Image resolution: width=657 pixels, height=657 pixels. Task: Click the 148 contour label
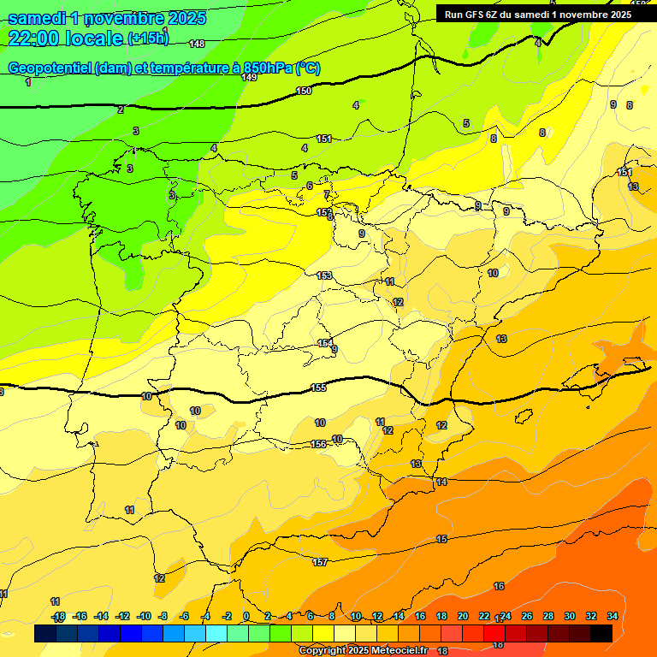tap(197, 44)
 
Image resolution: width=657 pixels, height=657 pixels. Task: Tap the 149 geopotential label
tap(249, 77)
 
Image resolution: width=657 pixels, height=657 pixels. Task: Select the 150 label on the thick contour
tap(304, 91)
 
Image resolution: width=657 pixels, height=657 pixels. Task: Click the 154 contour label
tap(325, 343)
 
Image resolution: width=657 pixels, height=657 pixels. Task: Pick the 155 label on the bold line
tap(318, 388)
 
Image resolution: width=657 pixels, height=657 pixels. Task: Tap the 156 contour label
tap(318, 444)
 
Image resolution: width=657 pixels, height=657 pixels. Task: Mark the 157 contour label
tap(320, 562)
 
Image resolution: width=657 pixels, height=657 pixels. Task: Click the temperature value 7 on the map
tap(326, 195)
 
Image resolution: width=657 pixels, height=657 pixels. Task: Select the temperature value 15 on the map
tap(441, 539)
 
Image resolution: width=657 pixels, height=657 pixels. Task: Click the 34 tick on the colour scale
tap(613, 616)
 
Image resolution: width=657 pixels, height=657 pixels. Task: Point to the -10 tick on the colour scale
tap(144, 616)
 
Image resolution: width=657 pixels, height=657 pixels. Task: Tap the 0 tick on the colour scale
tap(246, 616)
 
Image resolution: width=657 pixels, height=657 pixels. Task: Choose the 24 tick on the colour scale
tap(506, 616)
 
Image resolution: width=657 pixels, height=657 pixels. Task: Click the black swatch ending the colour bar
tap(601, 633)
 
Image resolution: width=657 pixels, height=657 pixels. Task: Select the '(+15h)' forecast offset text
tap(148, 38)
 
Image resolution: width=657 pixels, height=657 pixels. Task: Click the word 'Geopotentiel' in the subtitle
tap(49, 68)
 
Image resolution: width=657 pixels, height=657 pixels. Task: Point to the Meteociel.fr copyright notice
tap(363, 650)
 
